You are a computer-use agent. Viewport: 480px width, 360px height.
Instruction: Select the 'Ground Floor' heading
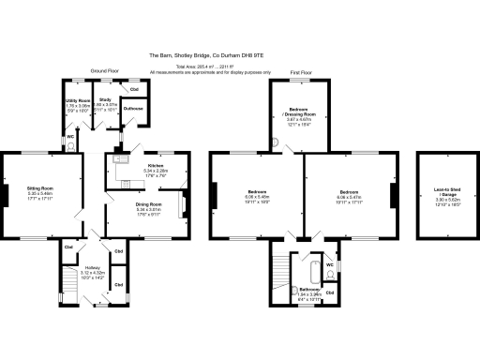click(x=106, y=71)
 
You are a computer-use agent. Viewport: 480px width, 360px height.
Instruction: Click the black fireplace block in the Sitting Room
click(x=4, y=195)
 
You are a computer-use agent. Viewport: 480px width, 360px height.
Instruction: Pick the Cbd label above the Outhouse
click(x=135, y=88)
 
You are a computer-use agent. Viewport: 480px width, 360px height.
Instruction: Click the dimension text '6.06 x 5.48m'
click(x=256, y=197)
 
